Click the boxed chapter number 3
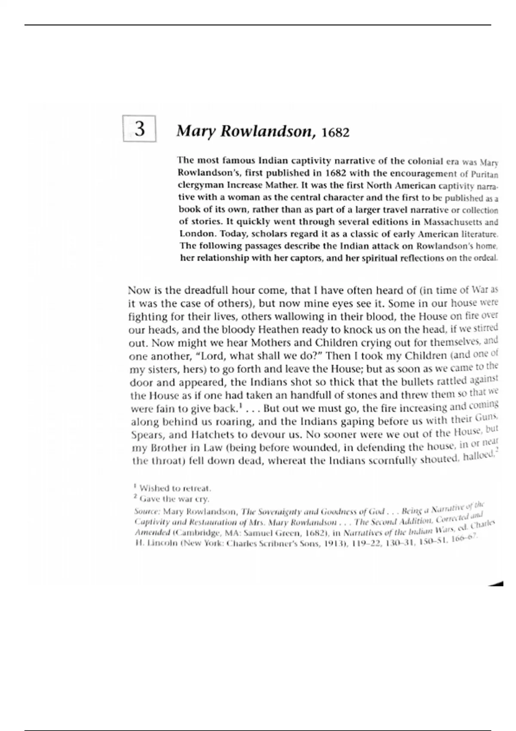click(x=139, y=129)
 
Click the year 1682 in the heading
click(x=335, y=132)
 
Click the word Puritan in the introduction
click(x=484, y=175)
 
